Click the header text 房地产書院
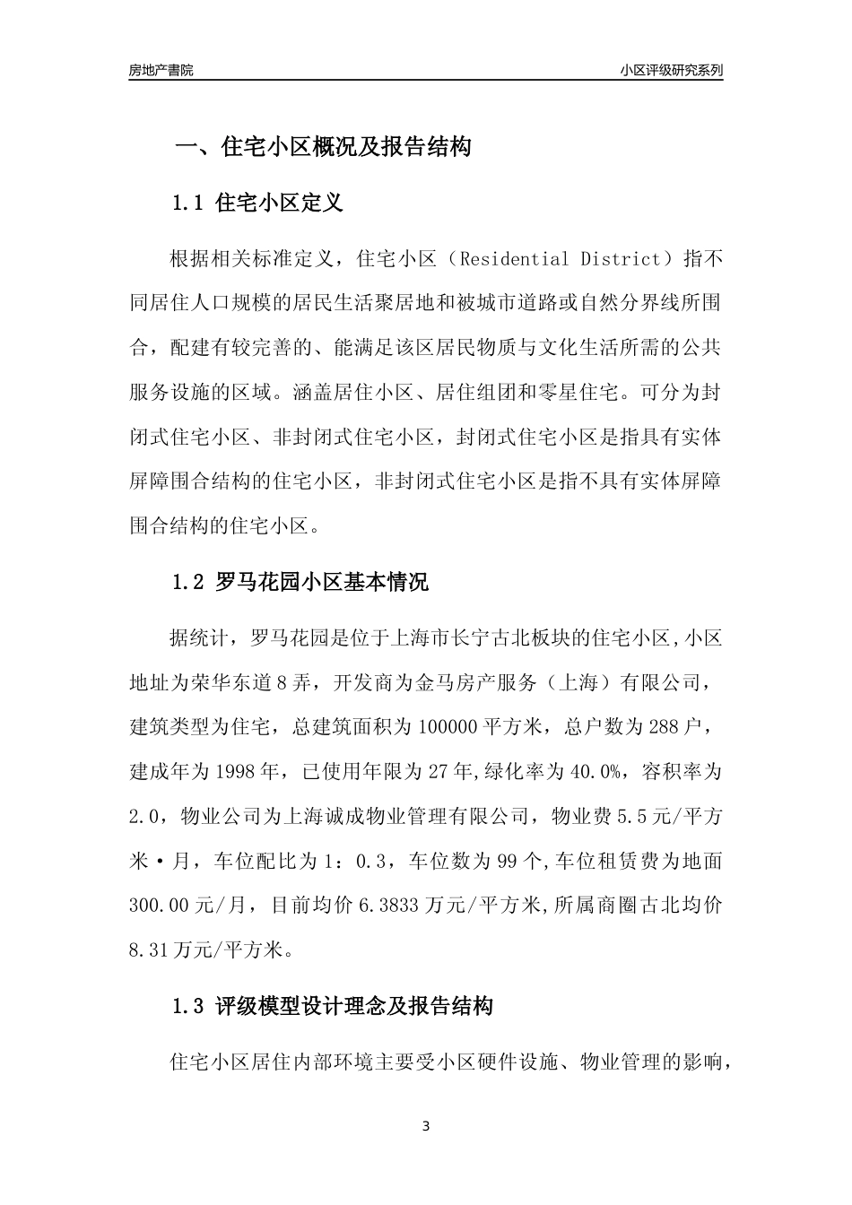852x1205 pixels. [161, 70]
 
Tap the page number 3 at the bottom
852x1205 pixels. [426, 1126]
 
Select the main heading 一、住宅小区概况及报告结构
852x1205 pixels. [322, 147]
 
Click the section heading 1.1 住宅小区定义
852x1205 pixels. [256, 203]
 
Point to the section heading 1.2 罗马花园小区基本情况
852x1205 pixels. [300, 583]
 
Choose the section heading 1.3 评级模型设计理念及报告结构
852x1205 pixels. [332, 1007]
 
